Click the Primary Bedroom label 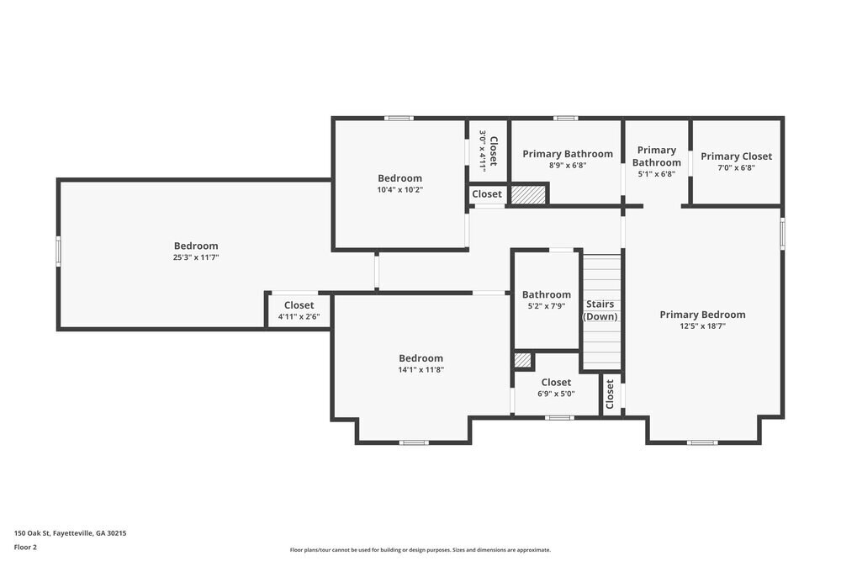pyautogui.click(x=702, y=315)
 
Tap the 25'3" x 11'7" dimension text pyautogui.click(x=196, y=257)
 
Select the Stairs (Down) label pyautogui.click(x=600, y=310)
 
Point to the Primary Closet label pyautogui.click(x=736, y=156)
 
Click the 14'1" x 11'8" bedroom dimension pyautogui.click(x=421, y=369)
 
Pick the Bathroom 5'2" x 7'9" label pyautogui.click(x=547, y=299)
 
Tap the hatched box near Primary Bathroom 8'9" pyautogui.click(x=528, y=194)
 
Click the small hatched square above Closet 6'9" pyautogui.click(x=522, y=360)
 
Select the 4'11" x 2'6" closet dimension pyautogui.click(x=299, y=317)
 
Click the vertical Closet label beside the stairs pyautogui.click(x=609, y=394)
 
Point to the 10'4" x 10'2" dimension pyautogui.click(x=400, y=190)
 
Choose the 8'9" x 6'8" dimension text pyautogui.click(x=568, y=166)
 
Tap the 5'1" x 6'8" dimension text pyautogui.click(x=657, y=174)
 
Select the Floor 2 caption pyautogui.click(x=25, y=547)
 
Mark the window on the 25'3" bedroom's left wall pyautogui.click(x=59, y=251)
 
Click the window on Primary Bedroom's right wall pyautogui.click(x=782, y=233)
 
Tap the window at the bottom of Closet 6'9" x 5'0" pyautogui.click(x=559, y=417)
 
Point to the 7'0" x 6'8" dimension pyautogui.click(x=737, y=168)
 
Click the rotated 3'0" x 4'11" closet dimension pyautogui.click(x=482, y=151)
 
